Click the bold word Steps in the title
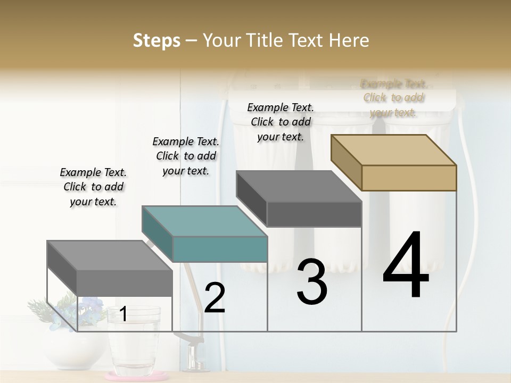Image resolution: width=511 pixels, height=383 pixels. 156,40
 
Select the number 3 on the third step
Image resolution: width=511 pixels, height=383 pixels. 311,281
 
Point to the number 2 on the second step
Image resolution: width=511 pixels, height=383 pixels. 215,298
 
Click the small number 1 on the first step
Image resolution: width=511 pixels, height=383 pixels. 123,314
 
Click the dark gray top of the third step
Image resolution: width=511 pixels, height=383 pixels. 298,186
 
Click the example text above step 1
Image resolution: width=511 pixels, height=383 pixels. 93,187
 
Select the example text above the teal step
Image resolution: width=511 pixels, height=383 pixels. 186,156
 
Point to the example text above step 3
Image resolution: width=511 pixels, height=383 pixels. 281,122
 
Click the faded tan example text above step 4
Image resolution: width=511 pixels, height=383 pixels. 393,98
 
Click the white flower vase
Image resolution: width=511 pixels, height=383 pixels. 75,351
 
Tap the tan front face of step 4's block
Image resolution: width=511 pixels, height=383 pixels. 409,178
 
